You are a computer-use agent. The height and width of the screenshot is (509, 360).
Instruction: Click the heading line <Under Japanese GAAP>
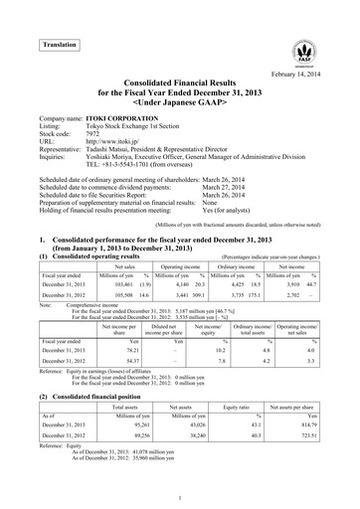pos(179,121)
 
